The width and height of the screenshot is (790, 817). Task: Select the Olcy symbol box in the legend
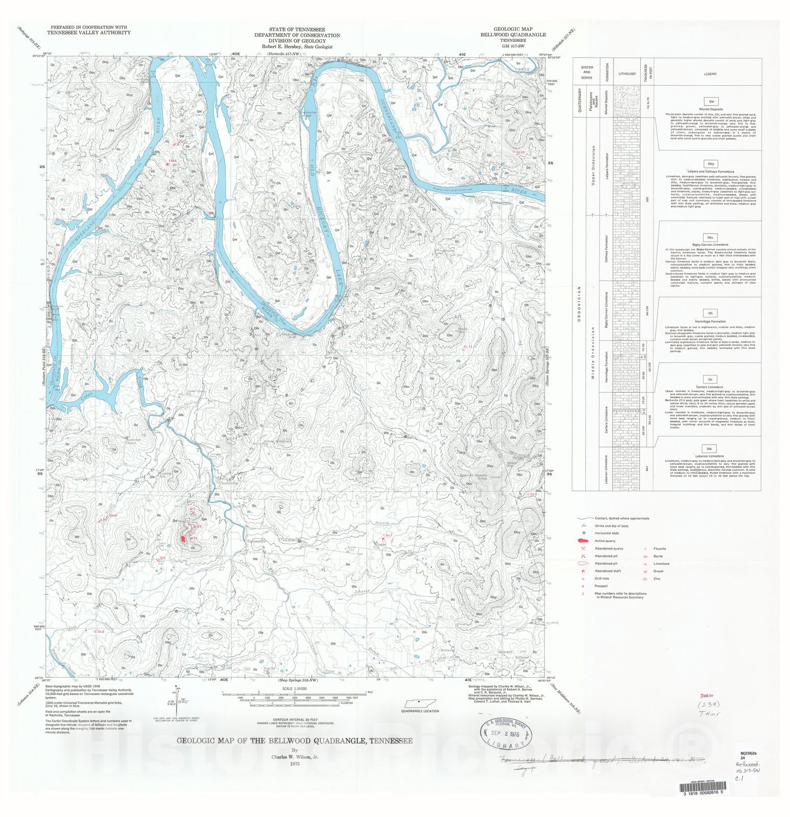click(710, 164)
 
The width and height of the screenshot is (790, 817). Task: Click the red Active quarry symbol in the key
click(583, 541)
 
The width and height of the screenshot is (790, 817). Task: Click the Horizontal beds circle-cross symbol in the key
click(583, 533)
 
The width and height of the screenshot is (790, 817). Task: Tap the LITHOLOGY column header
click(627, 74)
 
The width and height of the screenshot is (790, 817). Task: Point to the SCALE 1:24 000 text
click(294, 688)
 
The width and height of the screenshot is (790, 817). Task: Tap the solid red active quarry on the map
click(183, 538)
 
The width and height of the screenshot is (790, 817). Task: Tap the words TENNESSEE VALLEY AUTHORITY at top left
click(89, 32)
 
